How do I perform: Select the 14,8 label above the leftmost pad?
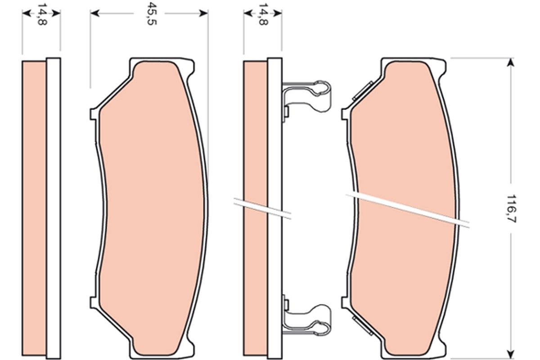(41, 14)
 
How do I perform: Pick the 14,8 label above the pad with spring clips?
(263, 14)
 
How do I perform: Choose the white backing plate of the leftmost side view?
(53, 207)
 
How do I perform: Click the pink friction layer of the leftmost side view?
(34, 207)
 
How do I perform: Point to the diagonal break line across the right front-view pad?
(407, 209)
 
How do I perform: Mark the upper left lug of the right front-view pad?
(345, 114)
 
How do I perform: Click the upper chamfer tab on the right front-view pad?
(363, 90)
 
